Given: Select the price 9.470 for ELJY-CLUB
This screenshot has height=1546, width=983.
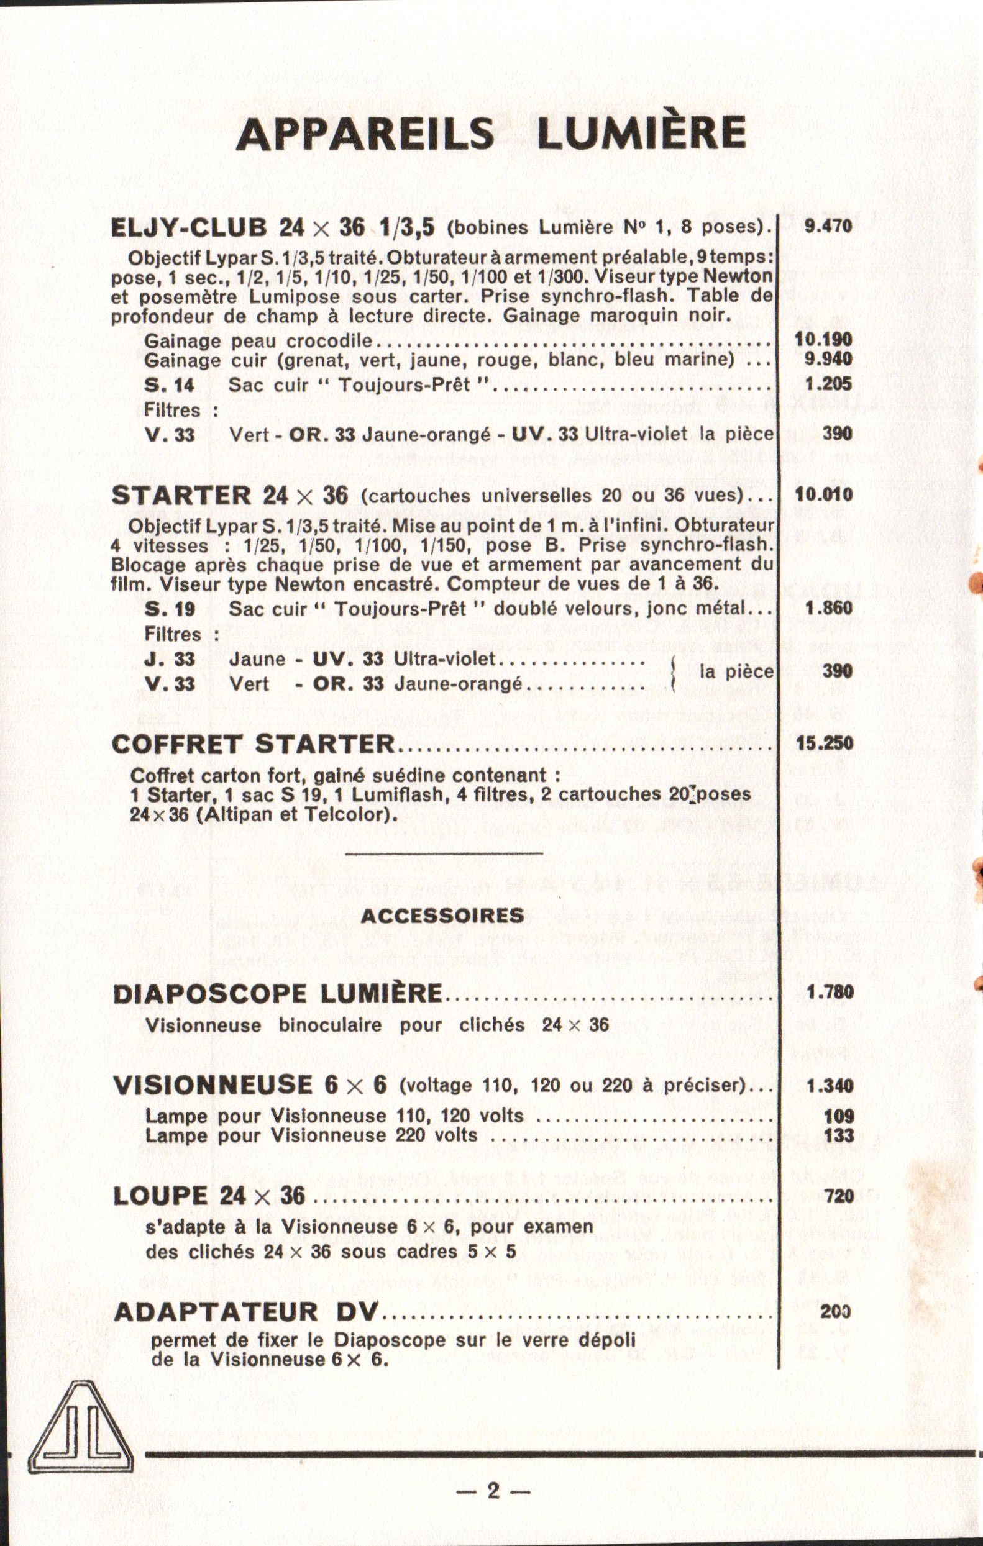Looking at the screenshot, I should tap(828, 226).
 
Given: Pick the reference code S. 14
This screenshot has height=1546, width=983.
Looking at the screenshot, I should tap(170, 385).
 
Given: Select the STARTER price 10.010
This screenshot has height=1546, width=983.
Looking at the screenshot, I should tap(823, 494).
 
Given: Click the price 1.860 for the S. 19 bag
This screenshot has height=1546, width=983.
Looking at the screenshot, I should tap(828, 607).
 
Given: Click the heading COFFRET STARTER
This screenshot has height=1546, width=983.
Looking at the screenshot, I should tap(253, 744).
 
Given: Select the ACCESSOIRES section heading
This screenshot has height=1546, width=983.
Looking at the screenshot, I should tap(442, 915).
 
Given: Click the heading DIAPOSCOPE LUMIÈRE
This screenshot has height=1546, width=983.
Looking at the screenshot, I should tap(277, 994).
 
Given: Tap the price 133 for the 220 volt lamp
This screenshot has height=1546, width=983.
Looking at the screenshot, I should tap(839, 1134).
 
